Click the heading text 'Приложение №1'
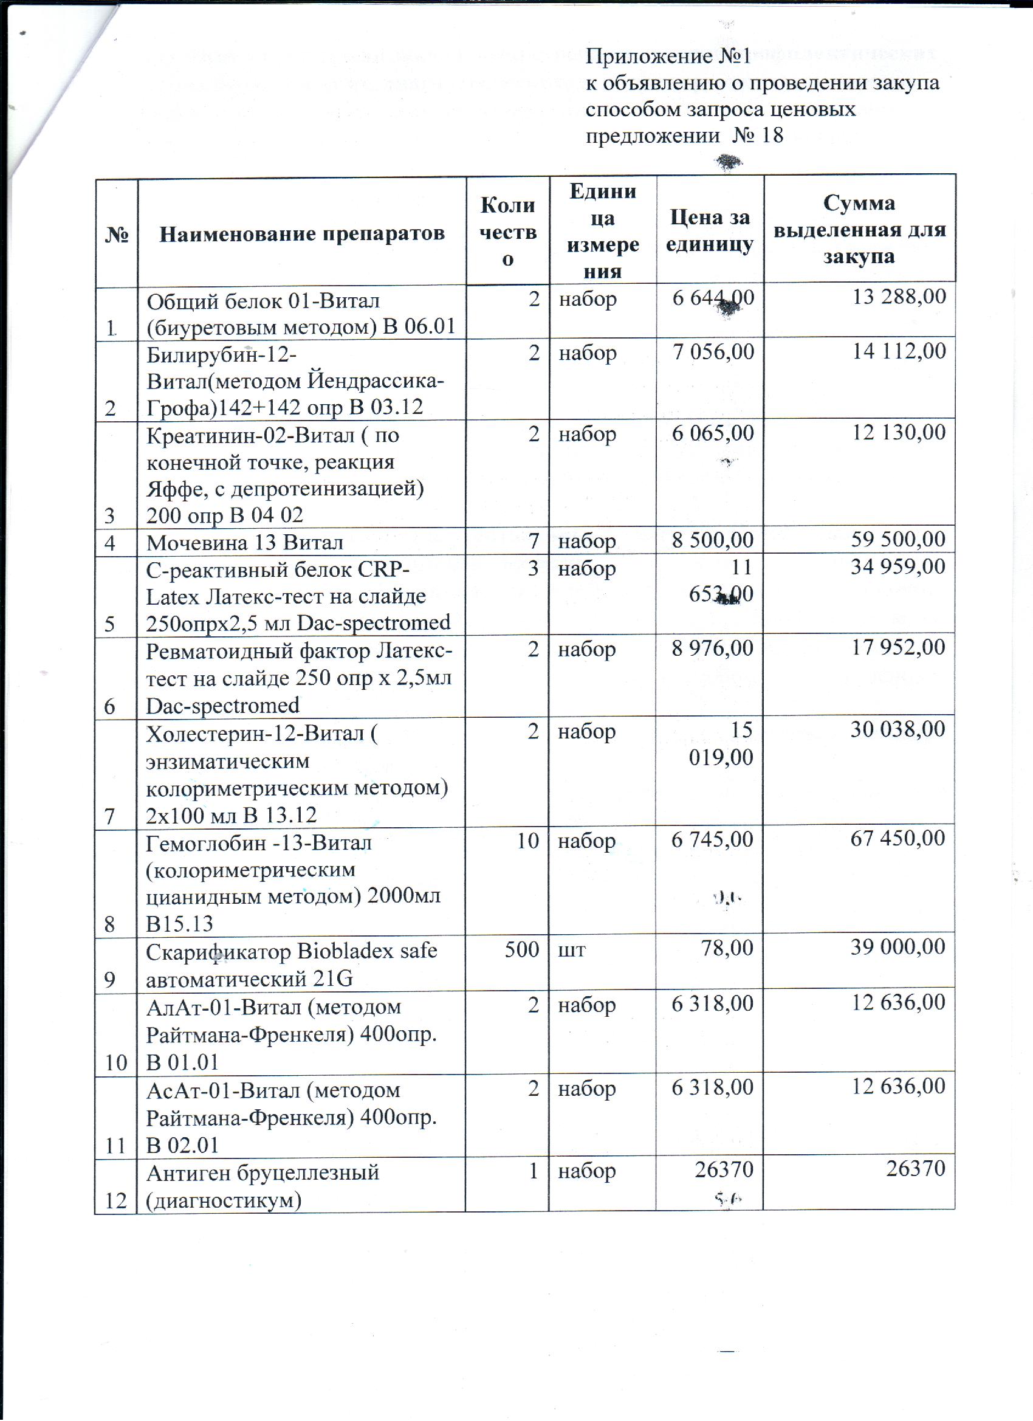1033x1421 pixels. [x=668, y=57]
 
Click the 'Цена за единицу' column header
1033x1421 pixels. [x=710, y=230]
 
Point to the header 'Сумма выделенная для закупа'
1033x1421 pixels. [x=859, y=230]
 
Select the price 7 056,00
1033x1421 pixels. [x=713, y=351]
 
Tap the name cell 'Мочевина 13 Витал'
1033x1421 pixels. [x=244, y=542]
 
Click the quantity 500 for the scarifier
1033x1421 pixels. [x=522, y=949]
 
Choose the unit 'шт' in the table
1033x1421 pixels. [x=572, y=951]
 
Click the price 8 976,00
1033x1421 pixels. [x=712, y=648]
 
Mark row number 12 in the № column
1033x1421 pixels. [x=116, y=1200]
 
